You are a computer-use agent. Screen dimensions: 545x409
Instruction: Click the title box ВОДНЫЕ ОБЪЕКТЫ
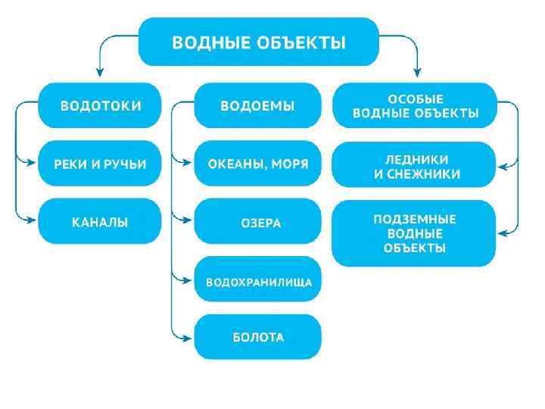(258, 42)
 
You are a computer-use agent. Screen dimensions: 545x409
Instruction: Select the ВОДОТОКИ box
(100, 105)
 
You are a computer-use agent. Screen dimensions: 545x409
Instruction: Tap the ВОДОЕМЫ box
(257, 105)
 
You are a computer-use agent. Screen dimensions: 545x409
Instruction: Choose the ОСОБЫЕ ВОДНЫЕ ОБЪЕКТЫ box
(415, 105)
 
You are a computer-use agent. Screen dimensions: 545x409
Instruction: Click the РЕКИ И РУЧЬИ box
(100, 163)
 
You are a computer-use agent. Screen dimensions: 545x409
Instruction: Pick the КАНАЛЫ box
(100, 221)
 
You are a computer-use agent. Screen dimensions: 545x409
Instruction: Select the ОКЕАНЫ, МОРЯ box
(257, 163)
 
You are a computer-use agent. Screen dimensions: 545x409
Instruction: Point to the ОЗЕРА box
(257, 221)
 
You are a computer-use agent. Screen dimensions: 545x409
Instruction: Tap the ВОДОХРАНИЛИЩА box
(257, 280)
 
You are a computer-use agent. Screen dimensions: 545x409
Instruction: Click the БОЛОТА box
(257, 337)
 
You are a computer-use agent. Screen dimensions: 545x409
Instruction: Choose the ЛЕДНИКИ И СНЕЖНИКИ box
(415, 164)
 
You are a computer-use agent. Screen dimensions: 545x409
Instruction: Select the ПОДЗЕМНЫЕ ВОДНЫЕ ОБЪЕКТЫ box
(415, 233)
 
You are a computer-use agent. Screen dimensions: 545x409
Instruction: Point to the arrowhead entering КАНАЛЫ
(31, 220)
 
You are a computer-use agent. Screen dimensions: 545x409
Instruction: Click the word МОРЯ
(292, 163)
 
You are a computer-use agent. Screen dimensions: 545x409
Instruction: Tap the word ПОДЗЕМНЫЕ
(415, 219)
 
